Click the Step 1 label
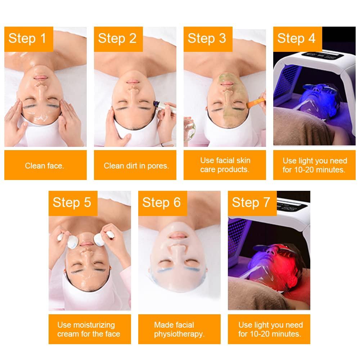click(x=28, y=38)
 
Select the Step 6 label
click(x=162, y=202)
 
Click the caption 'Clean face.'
click(x=44, y=166)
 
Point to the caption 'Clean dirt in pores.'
click(x=136, y=166)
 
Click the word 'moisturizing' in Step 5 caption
click(x=86, y=325)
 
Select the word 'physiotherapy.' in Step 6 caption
click(x=179, y=334)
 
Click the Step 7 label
click(x=251, y=202)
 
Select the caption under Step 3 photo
click(x=225, y=165)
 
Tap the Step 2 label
click(x=117, y=38)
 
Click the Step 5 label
click(x=72, y=202)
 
